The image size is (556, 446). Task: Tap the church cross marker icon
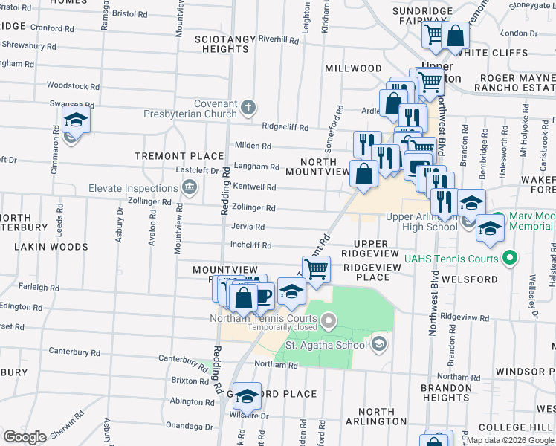[249, 108]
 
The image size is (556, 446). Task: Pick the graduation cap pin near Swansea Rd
[75, 120]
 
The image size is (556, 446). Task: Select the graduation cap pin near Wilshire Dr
[248, 395]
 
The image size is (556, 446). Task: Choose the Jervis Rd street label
[248, 227]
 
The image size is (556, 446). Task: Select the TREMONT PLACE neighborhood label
[179, 156]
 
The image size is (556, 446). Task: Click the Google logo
[25, 437]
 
